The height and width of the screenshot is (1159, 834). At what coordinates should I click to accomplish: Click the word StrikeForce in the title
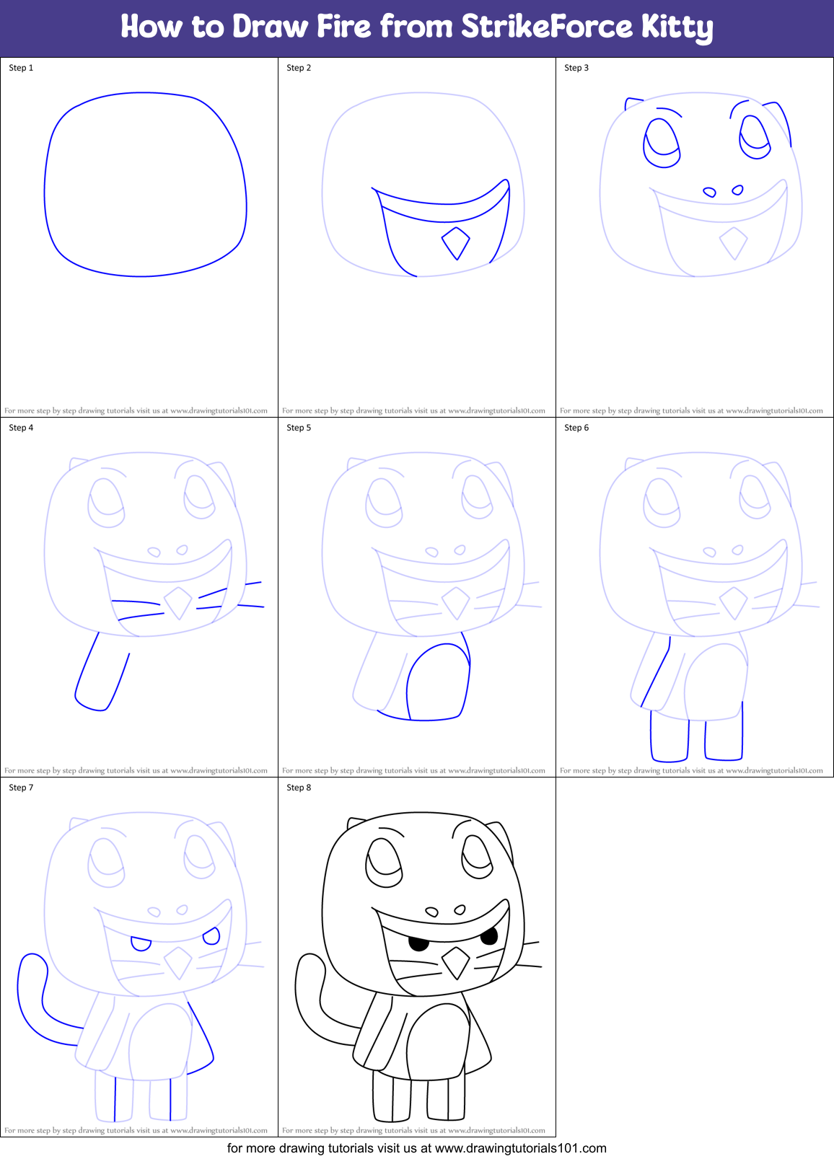click(x=547, y=27)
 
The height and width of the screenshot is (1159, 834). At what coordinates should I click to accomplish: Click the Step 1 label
click(x=21, y=68)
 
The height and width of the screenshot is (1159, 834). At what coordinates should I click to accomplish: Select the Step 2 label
click(x=299, y=68)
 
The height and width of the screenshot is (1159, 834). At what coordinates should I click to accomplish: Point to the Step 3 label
click(x=576, y=68)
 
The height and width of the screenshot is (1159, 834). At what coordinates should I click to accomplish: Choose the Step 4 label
click(x=21, y=428)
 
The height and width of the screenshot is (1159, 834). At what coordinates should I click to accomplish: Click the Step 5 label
click(x=299, y=428)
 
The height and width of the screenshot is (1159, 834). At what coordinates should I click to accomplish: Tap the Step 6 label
click(x=576, y=428)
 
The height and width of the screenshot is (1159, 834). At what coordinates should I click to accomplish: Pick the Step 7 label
click(x=21, y=788)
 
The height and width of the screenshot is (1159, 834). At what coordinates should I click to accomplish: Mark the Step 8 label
click(x=299, y=788)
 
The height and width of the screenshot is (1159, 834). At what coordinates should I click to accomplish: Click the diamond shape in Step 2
click(x=455, y=243)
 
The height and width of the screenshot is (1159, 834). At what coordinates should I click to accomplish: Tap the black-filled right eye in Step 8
click(x=489, y=937)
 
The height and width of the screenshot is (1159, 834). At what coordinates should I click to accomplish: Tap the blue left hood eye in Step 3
click(x=662, y=143)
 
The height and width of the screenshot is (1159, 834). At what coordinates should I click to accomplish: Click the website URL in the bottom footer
click(x=520, y=1148)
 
